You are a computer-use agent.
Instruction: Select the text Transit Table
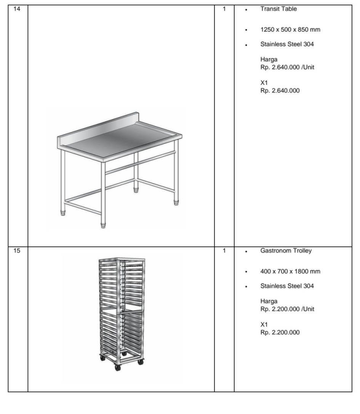(x=278, y=9)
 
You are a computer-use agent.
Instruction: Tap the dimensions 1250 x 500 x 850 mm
(x=290, y=30)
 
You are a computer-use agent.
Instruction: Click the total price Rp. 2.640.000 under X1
(x=280, y=91)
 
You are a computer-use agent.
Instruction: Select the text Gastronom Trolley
(x=286, y=251)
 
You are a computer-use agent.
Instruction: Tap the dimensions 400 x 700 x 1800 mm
(x=290, y=272)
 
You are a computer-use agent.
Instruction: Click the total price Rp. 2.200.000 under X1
(x=280, y=332)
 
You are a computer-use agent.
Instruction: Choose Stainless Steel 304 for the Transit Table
(x=287, y=44)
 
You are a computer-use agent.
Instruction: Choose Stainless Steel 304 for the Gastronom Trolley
(x=287, y=286)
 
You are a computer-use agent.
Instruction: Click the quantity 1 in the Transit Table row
(x=224, y=9)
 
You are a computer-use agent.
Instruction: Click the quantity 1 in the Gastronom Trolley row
(x=224, y=251)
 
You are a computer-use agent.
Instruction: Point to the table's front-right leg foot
(x=103, y=225)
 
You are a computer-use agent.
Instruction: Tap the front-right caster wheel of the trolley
(x=140, y=362)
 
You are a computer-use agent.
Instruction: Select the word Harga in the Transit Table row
(x=269, y=59)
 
